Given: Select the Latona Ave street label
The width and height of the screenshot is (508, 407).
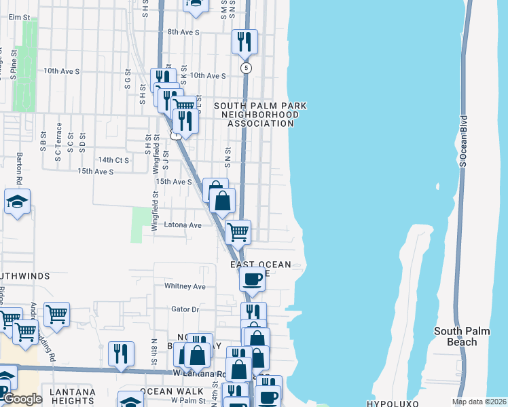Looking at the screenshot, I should (x=183, y=225).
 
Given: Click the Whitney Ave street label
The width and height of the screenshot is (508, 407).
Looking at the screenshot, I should (x=185, y=286).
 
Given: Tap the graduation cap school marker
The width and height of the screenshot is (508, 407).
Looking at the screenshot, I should (x=17, y=201).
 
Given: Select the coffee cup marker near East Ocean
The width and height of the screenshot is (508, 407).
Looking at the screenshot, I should (x=252, y=279).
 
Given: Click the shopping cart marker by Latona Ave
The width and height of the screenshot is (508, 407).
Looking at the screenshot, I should (x=238, y=231).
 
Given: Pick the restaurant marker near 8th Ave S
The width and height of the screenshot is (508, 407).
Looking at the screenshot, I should (x=244, y=41).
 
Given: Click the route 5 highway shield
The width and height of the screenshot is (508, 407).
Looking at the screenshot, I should (x=246, y=68).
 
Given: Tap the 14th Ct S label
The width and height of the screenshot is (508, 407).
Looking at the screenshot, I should (x=113, y=160).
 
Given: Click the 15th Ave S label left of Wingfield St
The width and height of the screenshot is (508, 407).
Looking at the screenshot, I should (x=96, y=172).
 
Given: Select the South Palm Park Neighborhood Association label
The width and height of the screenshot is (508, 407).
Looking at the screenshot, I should (x=261, y=115).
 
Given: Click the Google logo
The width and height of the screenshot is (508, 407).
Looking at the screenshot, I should (x=22, y=399).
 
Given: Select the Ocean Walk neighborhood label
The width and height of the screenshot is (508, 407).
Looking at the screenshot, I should (x=171, y=391).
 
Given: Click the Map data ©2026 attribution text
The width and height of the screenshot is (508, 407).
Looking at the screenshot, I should (x=478, y=402).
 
